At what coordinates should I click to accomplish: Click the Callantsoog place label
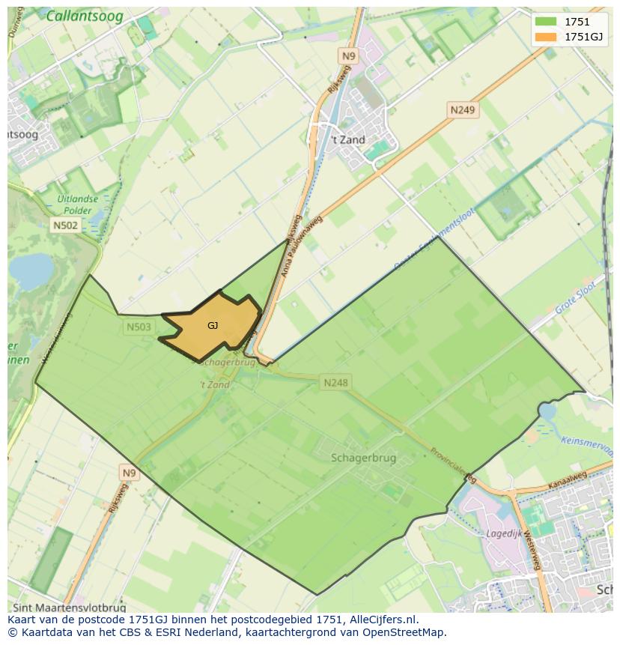(x=85, y=16)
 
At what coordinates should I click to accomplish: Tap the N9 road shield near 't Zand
(x=348, y=56)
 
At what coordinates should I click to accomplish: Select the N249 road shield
(x=462, y=110)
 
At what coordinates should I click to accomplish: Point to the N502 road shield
(x=65, y=225)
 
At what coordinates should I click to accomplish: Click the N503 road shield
(x=139, y=327)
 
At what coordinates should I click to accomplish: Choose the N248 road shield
(x=335, y=383)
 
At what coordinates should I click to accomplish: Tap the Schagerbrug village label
(x=363, y=458)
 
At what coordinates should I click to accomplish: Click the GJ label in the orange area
(x=213, y=326)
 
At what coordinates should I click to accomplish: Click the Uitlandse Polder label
(x=77, y=205)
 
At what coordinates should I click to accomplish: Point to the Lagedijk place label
(x=504, y=534)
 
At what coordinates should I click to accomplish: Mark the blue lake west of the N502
(x=30, y=270)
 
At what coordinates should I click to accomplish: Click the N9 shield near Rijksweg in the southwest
(x=130, y=473)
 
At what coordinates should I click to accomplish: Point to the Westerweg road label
(x=533, y=548)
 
